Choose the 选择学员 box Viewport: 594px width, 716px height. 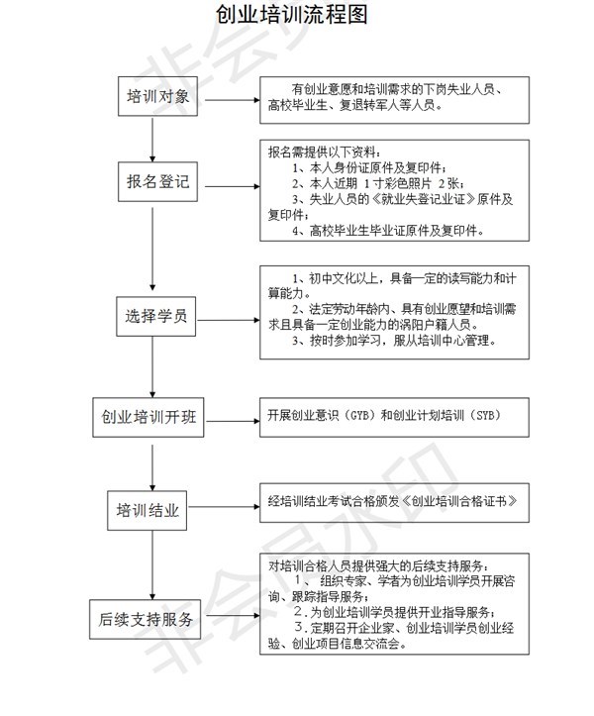[x=151, y=318]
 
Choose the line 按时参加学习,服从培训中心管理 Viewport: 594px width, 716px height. [x=395, y=341]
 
